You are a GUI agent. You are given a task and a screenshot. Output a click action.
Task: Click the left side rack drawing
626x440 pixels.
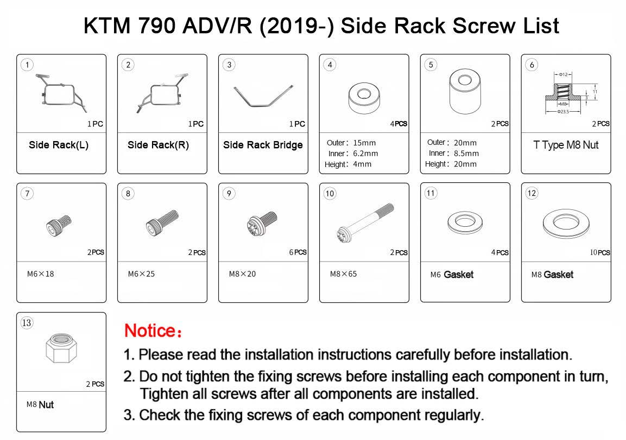point(61,93)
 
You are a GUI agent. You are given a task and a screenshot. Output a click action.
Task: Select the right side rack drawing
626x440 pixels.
point(162,93)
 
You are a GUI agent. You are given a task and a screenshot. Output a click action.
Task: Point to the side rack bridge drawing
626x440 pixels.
point(263,96)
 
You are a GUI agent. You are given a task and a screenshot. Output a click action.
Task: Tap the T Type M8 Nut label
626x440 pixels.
point(566,145)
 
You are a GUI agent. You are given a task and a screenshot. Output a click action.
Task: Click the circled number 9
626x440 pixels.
point(229,194)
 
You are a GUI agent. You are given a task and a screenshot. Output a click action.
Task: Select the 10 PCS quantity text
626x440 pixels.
point(599,252)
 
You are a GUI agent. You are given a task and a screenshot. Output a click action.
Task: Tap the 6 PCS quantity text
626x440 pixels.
point(298,252)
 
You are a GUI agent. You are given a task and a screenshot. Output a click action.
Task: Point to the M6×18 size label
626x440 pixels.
point(40,274)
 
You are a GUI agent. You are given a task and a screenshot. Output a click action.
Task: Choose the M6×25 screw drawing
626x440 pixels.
point(162,224)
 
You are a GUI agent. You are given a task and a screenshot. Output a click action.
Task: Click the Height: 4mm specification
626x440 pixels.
point(347,164)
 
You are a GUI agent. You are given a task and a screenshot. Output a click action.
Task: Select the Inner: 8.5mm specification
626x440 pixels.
point(453,154)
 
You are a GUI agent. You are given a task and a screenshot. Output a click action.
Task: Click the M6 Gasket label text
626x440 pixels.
point(452,275)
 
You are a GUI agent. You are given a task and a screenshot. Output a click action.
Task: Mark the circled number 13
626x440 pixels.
point(27,323)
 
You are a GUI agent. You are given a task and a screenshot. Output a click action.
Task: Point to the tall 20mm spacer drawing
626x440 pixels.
point(465,92)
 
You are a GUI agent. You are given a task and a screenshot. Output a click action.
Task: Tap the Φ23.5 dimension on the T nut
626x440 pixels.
point(563,112)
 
